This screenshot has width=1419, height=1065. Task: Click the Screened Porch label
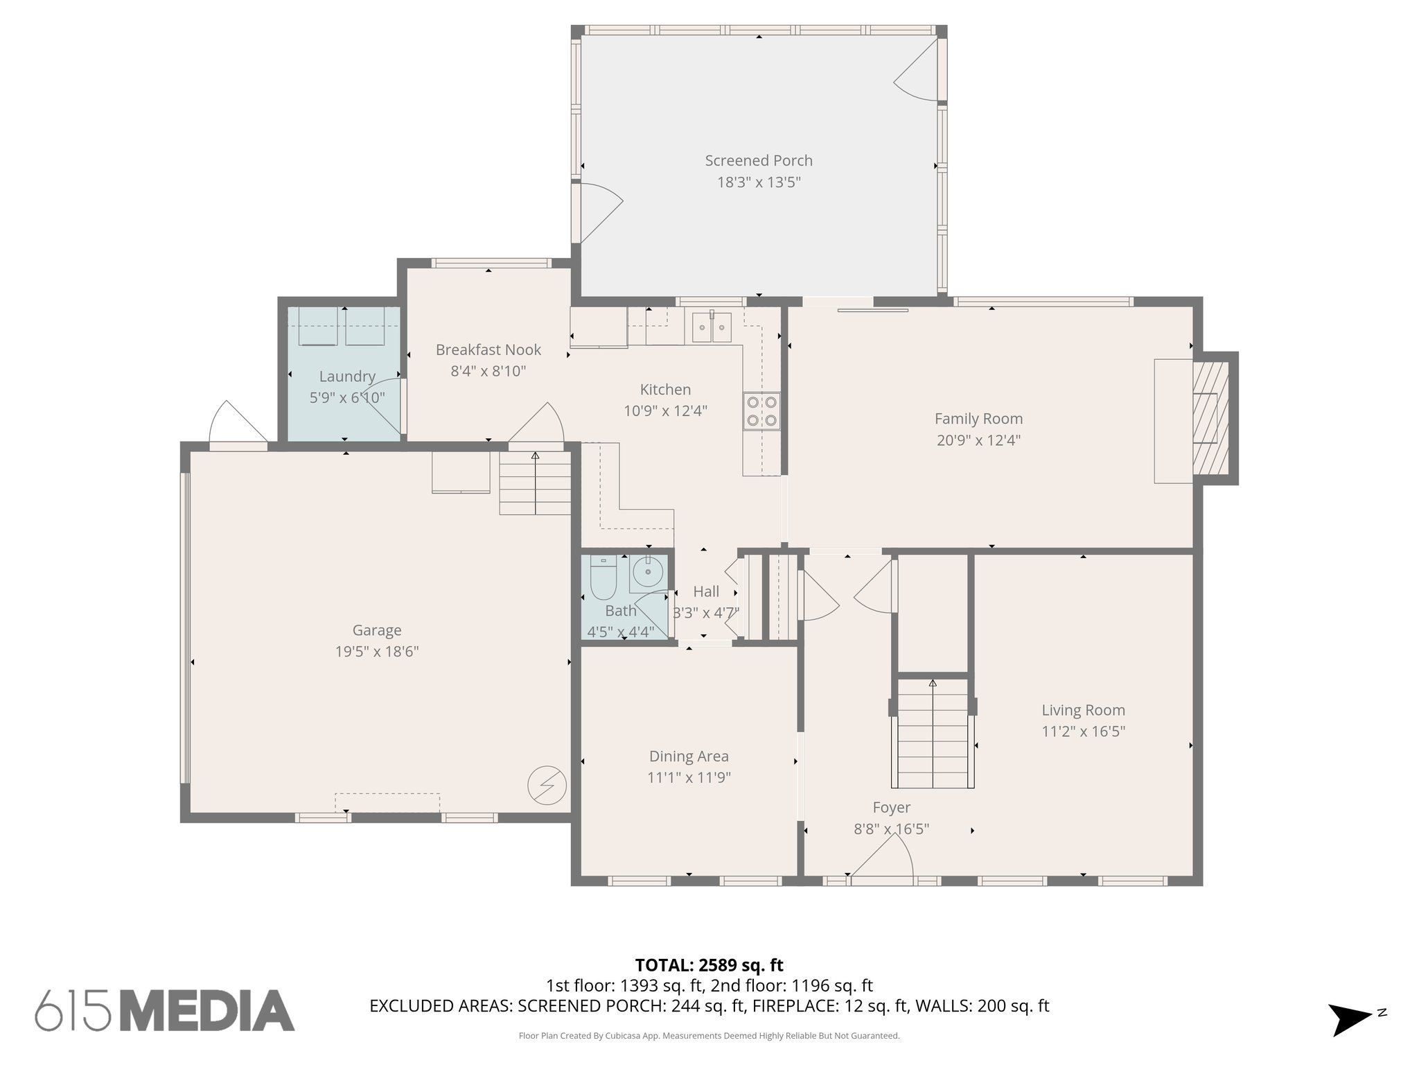tap(759, 161)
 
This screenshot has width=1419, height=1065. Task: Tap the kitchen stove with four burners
tap(761, 411)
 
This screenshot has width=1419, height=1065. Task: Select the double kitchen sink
tap(712, 327)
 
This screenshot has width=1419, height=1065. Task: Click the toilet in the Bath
tap(603, 578)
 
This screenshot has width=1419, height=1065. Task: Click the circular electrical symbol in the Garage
tap(547, 786)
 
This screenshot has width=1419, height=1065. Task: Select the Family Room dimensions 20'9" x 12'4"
tap(978, 440)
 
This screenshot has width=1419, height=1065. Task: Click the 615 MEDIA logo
tap(165, 1011)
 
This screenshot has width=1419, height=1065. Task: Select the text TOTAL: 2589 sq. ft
tap(709, 965)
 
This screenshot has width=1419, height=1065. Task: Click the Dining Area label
tap(689, 756)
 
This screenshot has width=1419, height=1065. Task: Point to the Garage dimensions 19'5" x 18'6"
tap(377, 652)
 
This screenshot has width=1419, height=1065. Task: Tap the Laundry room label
tap(347, 376)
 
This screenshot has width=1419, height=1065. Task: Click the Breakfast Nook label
tap(488, 350)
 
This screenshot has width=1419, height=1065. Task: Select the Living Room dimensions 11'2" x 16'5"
tap(1083, 731)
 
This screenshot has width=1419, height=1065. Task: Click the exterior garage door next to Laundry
tap(237, 425)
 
